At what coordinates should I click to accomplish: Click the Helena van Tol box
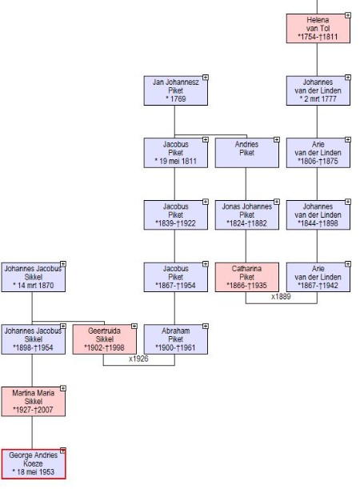[318, 28]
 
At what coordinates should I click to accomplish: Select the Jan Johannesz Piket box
[175, 90]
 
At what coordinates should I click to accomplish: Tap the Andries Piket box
[247, 153]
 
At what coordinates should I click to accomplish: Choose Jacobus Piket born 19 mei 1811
[175, 153]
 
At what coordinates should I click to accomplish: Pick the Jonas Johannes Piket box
[247, 214]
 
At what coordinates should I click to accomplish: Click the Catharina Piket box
[247, 277]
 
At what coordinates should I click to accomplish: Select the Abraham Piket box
[175, 339]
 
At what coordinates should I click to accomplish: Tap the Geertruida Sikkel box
[105, 339]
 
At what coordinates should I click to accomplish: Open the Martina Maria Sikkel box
[34, 402]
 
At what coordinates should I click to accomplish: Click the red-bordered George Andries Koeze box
[34, 463]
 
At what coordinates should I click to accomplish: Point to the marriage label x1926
[138, 359]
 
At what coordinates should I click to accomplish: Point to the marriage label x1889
[281, 297]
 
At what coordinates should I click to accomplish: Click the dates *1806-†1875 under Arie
[318, 161]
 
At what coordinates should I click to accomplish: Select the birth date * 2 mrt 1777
[318, 99]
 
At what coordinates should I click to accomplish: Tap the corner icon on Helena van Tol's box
[347, 15]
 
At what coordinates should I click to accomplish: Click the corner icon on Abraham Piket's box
[205, 326]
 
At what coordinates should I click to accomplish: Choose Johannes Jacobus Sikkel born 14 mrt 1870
[34, 277]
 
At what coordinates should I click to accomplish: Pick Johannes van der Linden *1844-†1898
[318, 214]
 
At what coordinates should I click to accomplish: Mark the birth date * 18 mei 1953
[34, 472]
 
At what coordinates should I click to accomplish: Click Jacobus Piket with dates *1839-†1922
[175, 214]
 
